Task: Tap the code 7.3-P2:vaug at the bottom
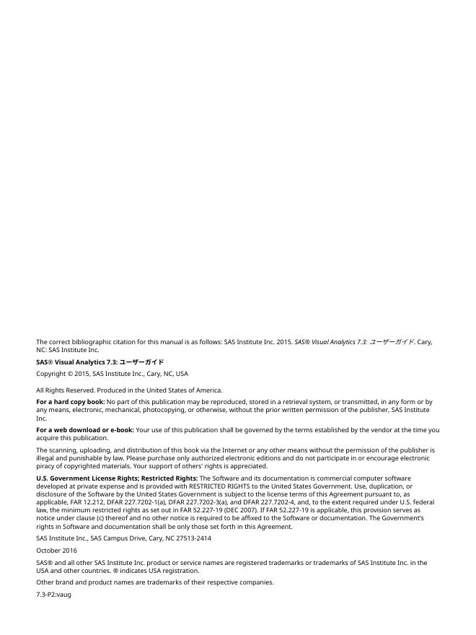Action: pyautogui.click(x=54, y=594)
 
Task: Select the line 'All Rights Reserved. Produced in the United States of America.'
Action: pyautogui.click(x=129, y=390)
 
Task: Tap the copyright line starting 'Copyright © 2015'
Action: pyautogui.click(x=112, y=374)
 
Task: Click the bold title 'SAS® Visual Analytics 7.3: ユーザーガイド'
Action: pyautogui.click(x=100, y=362)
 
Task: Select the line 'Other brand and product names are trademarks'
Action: pyautogui.click(x=155, y=582)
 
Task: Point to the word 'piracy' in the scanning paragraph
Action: pyautogui.click(x=45, y=466)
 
